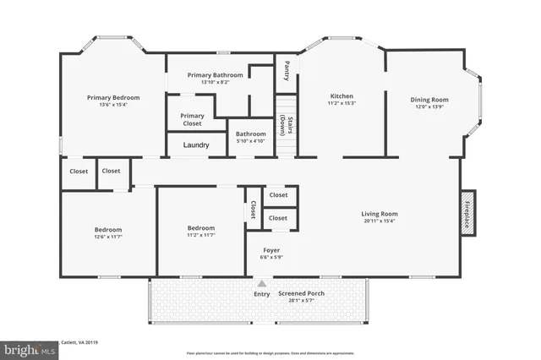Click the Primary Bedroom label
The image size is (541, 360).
tap(113, 97)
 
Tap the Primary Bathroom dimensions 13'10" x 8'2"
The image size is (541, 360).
tap(215, 83)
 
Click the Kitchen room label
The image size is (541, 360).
tap(341, 95)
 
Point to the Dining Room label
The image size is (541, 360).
tap(429, 99)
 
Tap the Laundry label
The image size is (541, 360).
tap(196, 145)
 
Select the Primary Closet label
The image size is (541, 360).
tap(192, 119)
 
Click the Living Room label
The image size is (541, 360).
tap(380, 214)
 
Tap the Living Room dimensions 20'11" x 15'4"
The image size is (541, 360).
tap(380, 221)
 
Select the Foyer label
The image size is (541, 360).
tap(270, 249)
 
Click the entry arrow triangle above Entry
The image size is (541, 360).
tap(262, 284)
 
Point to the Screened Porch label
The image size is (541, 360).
tap(302, 293)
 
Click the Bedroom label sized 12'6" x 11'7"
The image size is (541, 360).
tap(107, 230)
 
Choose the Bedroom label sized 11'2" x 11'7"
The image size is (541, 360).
tap(200, 228)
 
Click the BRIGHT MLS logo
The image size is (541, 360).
tap(29, 348)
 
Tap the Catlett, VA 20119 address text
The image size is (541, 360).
tap(80, 341)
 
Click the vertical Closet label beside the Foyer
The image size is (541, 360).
tap(252, 210)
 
